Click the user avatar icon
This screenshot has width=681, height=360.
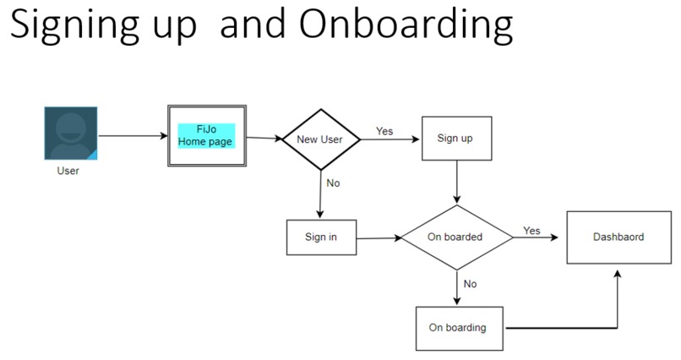tap(70, 134)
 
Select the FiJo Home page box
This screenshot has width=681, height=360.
tap(205, 136)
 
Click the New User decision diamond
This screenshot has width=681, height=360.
tap(319, 139)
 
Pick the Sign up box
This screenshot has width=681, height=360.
tap(455, 138)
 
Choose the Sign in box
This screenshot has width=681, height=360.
tap(320, 237)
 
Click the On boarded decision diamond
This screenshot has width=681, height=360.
tap(456, 237)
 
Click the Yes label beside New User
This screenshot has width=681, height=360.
tap(384, 131)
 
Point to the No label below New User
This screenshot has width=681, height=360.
tap(333, 183)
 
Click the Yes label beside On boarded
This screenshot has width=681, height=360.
tap(531, 230)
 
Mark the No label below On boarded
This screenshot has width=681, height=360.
tap(470, 284)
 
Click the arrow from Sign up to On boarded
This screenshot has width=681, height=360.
tap(457, 183)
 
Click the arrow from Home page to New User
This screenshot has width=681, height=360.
tap(264, 138)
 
